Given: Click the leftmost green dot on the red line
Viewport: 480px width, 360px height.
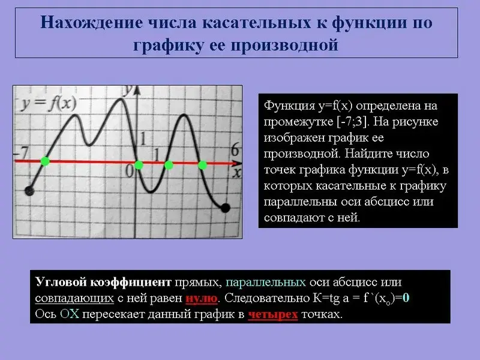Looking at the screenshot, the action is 45,161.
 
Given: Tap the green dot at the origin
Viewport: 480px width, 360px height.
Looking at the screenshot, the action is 139,165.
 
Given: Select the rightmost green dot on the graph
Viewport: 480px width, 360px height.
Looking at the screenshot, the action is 202,166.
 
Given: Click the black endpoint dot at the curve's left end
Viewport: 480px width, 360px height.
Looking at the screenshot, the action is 29,191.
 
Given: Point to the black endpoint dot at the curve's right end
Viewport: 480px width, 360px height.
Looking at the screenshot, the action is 226,208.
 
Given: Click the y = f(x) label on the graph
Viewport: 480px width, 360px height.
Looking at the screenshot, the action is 49,103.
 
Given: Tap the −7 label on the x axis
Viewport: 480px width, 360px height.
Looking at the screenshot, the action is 22,152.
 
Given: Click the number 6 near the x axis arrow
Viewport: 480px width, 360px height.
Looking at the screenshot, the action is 235,150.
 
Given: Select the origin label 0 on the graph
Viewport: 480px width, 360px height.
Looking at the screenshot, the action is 130,172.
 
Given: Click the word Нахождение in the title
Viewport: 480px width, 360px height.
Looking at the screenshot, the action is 92,22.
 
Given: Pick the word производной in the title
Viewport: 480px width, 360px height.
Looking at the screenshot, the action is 284,45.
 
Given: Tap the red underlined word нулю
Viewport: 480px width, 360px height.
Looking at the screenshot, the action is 202,298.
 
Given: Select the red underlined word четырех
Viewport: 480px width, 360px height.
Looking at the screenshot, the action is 273,314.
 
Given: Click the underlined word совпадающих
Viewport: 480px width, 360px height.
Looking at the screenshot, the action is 74,298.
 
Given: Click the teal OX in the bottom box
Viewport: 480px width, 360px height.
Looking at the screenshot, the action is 70,314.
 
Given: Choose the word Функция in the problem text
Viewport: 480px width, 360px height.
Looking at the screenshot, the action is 289,106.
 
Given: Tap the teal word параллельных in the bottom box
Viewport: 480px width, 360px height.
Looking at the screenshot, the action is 266,282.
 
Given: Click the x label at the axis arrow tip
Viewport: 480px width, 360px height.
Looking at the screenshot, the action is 236,173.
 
